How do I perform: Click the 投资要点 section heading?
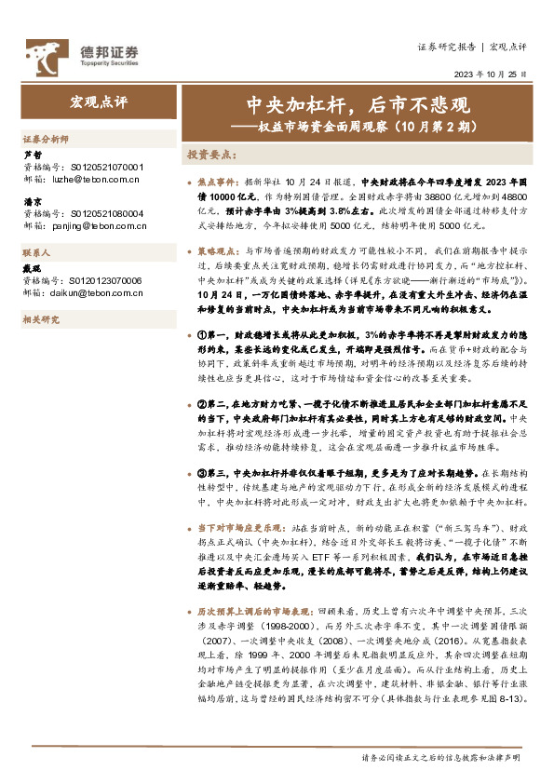tap(208, 155)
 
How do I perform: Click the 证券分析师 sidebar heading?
tap(45, 139)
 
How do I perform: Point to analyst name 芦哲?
tap(31, 155)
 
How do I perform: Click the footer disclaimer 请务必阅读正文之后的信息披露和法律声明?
tap(439, 758)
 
